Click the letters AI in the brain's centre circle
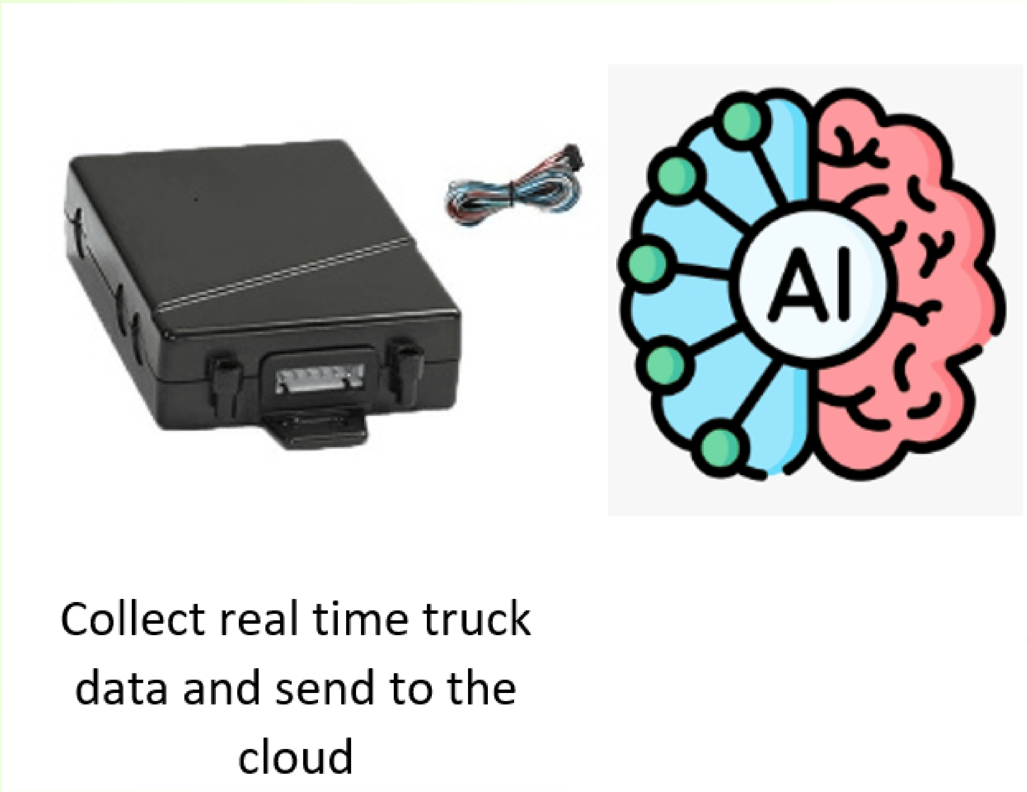[x=811, y=285]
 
